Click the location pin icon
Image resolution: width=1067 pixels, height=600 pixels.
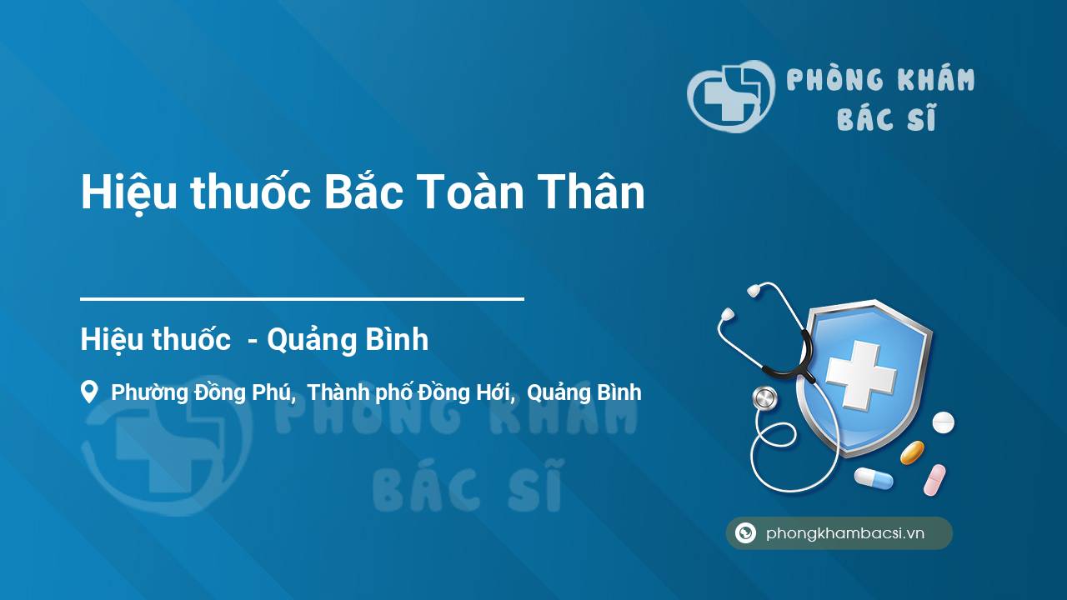89,392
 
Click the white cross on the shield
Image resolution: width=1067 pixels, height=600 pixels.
861,375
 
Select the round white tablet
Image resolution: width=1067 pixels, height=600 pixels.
943,422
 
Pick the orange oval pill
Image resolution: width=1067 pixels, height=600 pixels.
912,452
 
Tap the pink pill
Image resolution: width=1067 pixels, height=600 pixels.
934,480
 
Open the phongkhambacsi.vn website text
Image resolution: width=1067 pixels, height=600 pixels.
845,533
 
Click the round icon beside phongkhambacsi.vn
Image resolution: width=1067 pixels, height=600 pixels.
745,532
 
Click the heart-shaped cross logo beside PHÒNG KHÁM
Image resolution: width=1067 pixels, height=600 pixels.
731,96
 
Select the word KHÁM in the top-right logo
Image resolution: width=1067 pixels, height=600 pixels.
935,79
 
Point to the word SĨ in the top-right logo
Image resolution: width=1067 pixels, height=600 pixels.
922,117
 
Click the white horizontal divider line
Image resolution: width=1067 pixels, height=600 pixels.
302,299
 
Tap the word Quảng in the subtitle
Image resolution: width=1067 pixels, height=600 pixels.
308,341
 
